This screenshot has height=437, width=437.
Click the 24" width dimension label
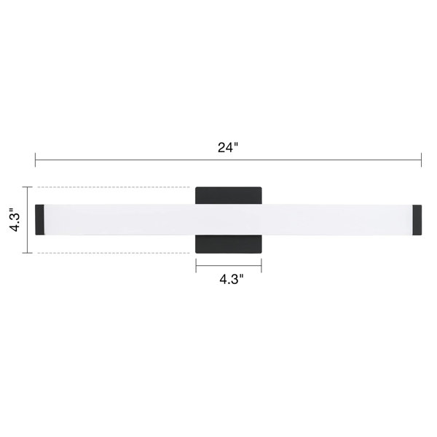pyautogui.click(x=228, y=147)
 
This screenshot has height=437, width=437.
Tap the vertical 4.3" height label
pyautogui.click(x=15, y=220)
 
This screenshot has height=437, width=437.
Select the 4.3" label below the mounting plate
pyautogui.click(x=232, y=279)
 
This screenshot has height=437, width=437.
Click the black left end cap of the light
pyautogui.click(x=39, y=220)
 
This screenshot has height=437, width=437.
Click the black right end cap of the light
pyautogui.click(x=417, y=220)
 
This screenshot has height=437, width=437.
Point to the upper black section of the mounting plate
pyautogui.click(x=229, y=196)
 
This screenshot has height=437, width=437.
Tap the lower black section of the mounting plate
pyautogui.click(x=229, y=244)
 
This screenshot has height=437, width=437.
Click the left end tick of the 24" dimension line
pyautogui.click(x=36, y=160)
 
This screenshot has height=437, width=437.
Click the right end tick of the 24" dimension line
pyautogui.click(x=421, y=160)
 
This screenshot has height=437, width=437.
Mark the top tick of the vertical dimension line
pyautogui.click(x=28, y=187)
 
